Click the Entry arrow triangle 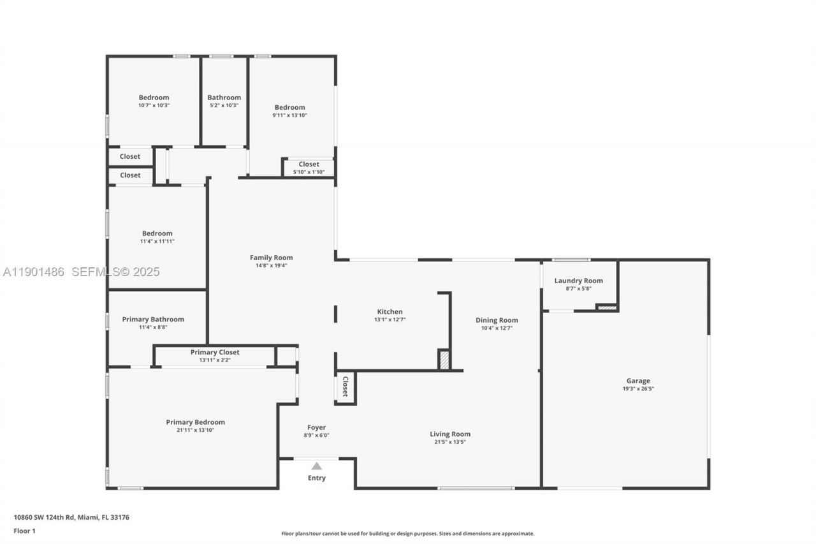[x=316, y=466]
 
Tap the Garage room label [x=637, y=381]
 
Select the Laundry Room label [x=578, y=281]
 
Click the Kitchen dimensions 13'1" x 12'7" [x=390, y=320]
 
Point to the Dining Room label [x=497, y=320]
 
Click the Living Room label [x=450, y=434]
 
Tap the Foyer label [x=316, y=427]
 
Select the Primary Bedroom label [x=195, y=422]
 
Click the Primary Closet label [x=215, y=352]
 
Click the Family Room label [x=271, y=258]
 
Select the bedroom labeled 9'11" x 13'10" [x=289, y=108]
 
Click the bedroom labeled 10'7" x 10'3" [x=154, y=98]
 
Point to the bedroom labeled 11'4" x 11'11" [x=157, y=233]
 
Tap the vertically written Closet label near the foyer [x=345, y=386]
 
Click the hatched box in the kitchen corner [x=444, y=360]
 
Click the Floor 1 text [x=24, y=531]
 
